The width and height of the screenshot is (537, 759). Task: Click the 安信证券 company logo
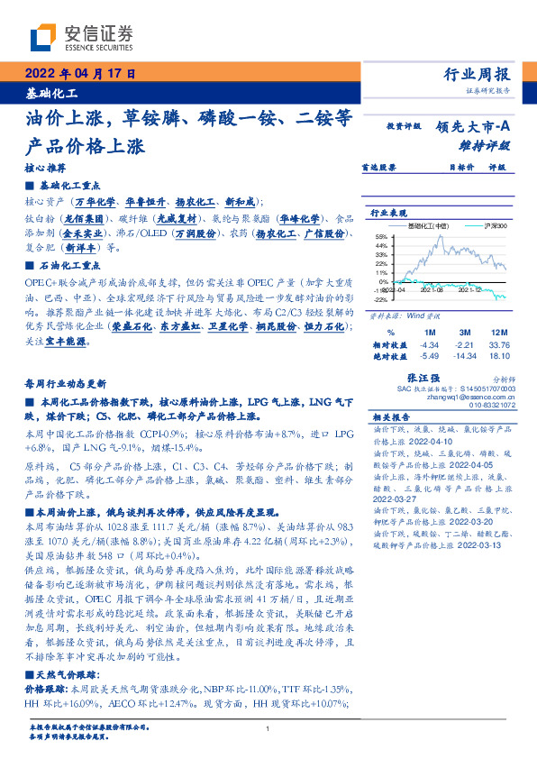[x=68, y=39]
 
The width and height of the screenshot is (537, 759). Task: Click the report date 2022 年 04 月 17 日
[x=78, y=74]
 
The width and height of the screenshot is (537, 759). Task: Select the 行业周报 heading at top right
[x=477, y=75]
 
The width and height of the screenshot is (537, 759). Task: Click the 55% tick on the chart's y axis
[x=382, y=235]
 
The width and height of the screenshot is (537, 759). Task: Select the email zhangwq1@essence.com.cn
[x=472, y=398]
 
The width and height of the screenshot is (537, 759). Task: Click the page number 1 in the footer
[x=268, y=729]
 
